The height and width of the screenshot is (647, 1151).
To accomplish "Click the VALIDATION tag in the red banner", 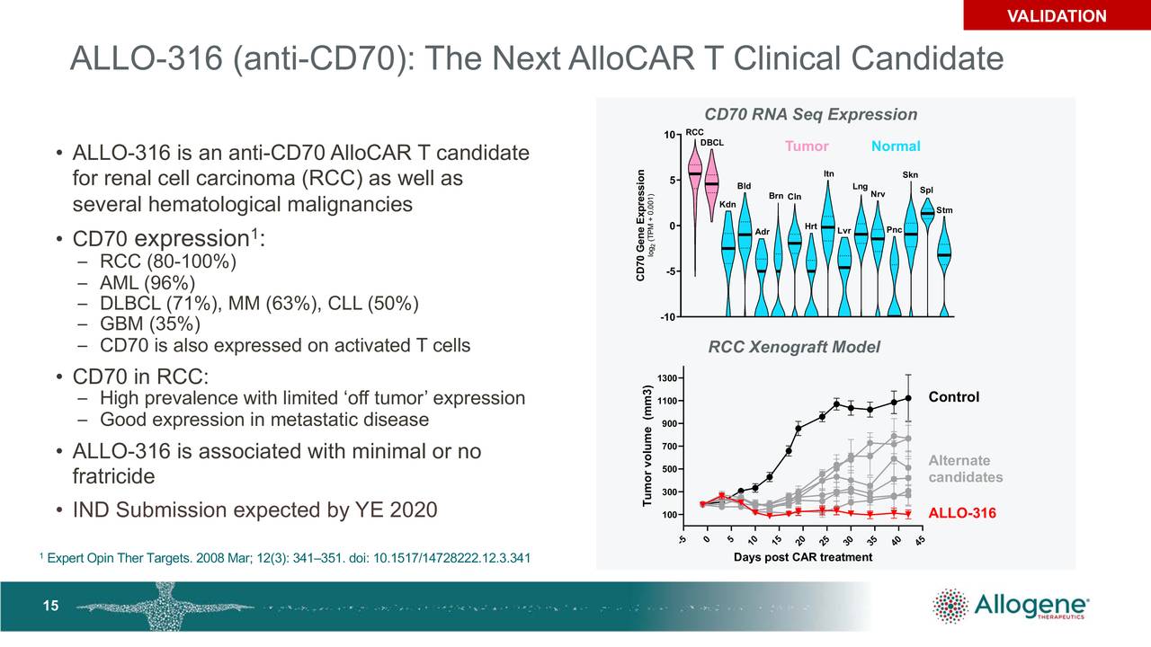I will (x=1056, y=16).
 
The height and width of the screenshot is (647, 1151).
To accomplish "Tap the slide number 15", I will (x=51, y=606).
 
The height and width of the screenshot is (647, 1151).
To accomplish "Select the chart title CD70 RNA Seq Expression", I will (x=810, y=114).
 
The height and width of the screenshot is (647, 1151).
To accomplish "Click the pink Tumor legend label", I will (x=807, y=146).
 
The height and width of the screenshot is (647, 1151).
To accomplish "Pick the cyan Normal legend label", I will (x=895, y=146).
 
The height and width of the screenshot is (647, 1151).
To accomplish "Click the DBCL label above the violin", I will (x=711, y=143).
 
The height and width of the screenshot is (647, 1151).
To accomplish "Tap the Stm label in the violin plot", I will (x=944, y=210).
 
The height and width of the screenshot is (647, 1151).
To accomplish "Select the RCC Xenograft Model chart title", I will (x=794, y=348).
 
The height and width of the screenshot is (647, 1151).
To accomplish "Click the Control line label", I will (x=953, y=397).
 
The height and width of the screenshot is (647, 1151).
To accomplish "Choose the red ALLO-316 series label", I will (x=961, y=514).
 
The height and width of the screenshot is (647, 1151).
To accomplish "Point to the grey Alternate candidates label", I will (x=965, y=469).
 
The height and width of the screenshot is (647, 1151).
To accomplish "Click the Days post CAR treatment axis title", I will (x=802, y=557).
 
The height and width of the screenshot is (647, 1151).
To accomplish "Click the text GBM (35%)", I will (x=150, y=324).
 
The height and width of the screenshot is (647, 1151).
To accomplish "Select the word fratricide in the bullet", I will (x=113, y=475).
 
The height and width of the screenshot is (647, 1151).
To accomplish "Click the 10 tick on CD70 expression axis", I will (x=669, y=136).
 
